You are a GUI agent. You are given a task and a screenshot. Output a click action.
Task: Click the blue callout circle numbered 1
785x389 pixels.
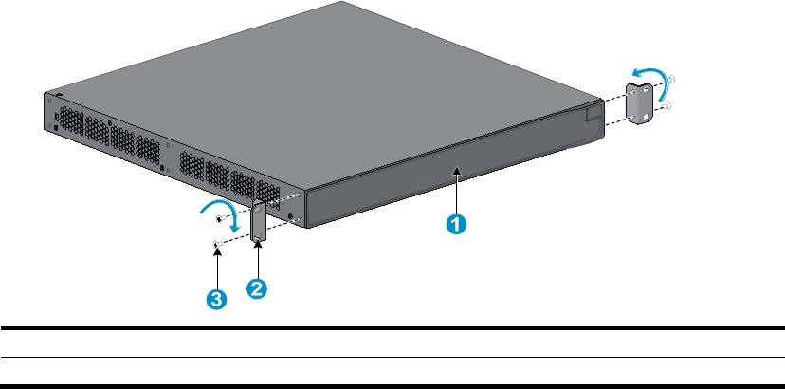point(456,224)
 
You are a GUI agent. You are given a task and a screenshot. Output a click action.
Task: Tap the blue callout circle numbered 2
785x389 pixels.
point(255,289)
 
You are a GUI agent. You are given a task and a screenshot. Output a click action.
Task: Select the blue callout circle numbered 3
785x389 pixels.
point(217,299)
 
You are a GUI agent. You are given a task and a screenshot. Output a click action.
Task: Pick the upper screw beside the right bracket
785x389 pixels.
point(671,80)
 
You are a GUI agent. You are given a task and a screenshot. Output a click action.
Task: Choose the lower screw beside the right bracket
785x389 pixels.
point(669,105)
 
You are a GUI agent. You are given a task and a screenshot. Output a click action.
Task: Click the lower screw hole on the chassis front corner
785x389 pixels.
point(298,221)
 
